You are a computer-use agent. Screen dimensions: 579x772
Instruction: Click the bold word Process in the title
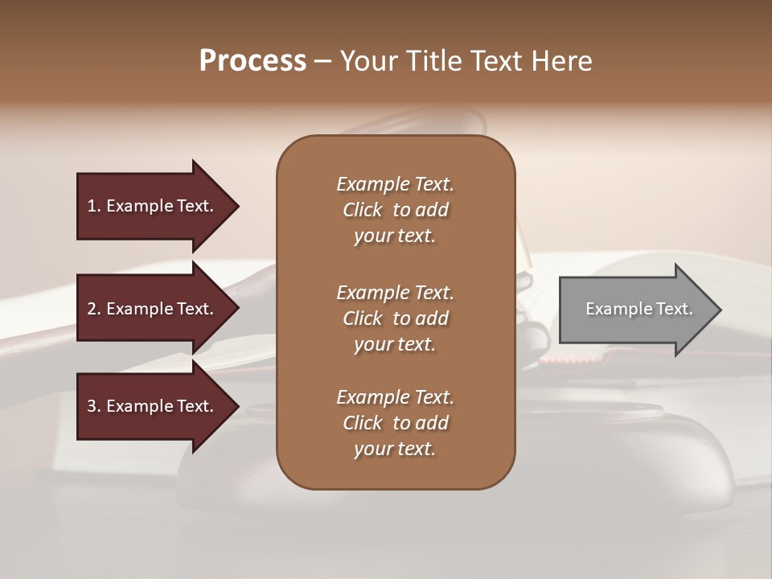(253, 61)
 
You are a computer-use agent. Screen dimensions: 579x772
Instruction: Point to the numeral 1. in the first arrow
(94, 206)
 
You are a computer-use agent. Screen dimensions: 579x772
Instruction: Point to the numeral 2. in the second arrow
(94, 309)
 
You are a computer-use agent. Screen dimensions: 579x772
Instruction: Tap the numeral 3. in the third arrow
(94, 406)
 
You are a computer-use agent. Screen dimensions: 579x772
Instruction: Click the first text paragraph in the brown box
(395, 210)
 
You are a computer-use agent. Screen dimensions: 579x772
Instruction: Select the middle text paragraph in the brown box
(395, 318)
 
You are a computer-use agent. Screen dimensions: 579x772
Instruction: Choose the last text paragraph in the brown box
(395, 423)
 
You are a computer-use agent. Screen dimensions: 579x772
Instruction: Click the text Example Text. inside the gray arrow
(639, 309)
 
